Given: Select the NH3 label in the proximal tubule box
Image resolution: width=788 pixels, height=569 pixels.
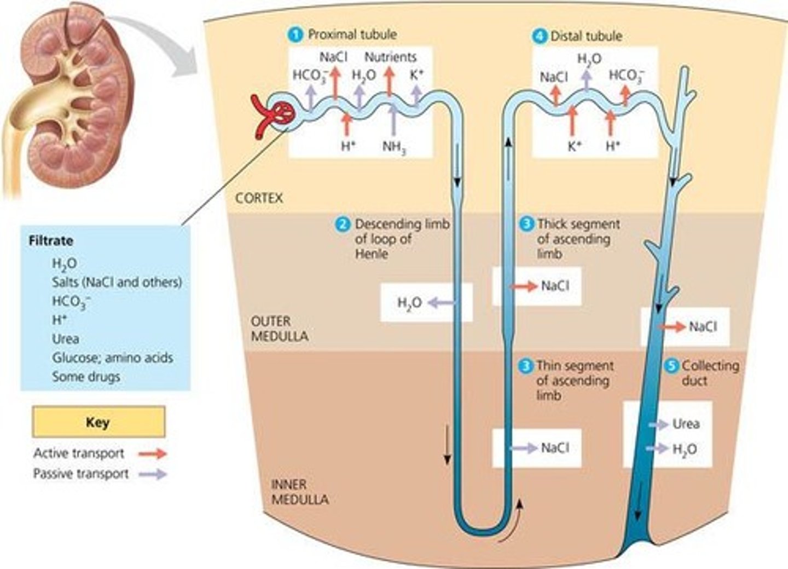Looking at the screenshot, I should [394, 147].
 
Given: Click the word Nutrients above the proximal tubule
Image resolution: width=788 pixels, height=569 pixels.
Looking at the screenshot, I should [390, 57].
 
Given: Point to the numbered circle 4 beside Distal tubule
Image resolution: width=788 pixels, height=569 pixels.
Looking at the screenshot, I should [540, 36].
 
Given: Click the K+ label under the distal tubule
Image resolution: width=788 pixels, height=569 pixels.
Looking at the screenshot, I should [574, 146].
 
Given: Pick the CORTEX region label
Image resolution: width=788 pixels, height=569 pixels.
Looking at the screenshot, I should [259, 198].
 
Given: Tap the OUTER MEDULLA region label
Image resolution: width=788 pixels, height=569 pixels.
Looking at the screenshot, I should [279, 329].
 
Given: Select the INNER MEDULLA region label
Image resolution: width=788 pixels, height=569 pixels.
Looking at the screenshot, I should [300, 492].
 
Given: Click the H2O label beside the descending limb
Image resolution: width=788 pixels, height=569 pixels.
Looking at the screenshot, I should [409, 303].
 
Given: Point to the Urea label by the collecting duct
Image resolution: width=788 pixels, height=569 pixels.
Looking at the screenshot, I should [685, 424].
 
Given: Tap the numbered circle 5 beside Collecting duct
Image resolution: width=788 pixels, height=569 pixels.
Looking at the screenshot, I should [672, 366].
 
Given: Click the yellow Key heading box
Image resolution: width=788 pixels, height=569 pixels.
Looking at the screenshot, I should [99, 422].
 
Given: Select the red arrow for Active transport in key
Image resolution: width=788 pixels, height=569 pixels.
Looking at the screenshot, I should [152, 453].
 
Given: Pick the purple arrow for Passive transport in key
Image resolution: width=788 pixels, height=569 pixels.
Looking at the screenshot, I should [152, 474].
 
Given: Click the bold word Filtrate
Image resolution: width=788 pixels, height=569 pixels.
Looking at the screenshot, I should [50, 241].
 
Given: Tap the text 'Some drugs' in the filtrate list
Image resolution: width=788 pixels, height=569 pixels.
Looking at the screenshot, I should [86, 377].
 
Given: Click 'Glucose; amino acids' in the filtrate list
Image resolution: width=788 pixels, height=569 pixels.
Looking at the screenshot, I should [112, 358].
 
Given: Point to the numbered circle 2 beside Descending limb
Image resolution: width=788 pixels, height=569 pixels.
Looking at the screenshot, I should [343, 225].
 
